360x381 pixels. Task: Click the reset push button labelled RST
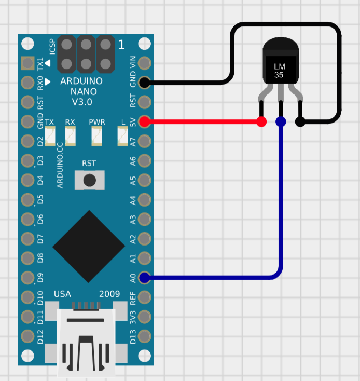90,180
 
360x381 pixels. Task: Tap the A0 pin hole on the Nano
145,278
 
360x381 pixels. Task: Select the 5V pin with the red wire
145,121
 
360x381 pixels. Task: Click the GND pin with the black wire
145,82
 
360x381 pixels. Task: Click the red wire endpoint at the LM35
261,121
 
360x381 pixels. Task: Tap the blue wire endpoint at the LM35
281,121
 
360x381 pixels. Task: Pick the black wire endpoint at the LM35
300,121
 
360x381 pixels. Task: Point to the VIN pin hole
145,63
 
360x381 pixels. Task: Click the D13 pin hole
145,336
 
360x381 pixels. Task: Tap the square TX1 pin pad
27,63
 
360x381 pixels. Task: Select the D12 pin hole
27,336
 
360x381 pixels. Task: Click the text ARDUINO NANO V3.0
81,91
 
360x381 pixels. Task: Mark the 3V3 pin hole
145,317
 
